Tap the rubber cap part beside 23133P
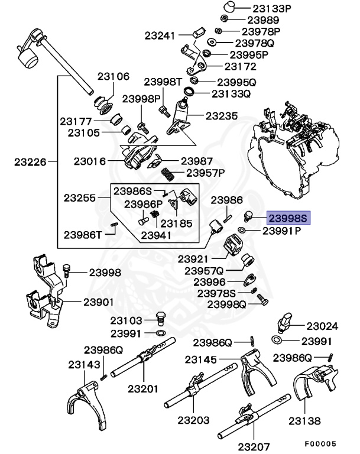click(x=231, y=8)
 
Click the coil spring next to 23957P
click(x=168, y=174)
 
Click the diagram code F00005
click(x=320, y=443)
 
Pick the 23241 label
click(x=160, y=35)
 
